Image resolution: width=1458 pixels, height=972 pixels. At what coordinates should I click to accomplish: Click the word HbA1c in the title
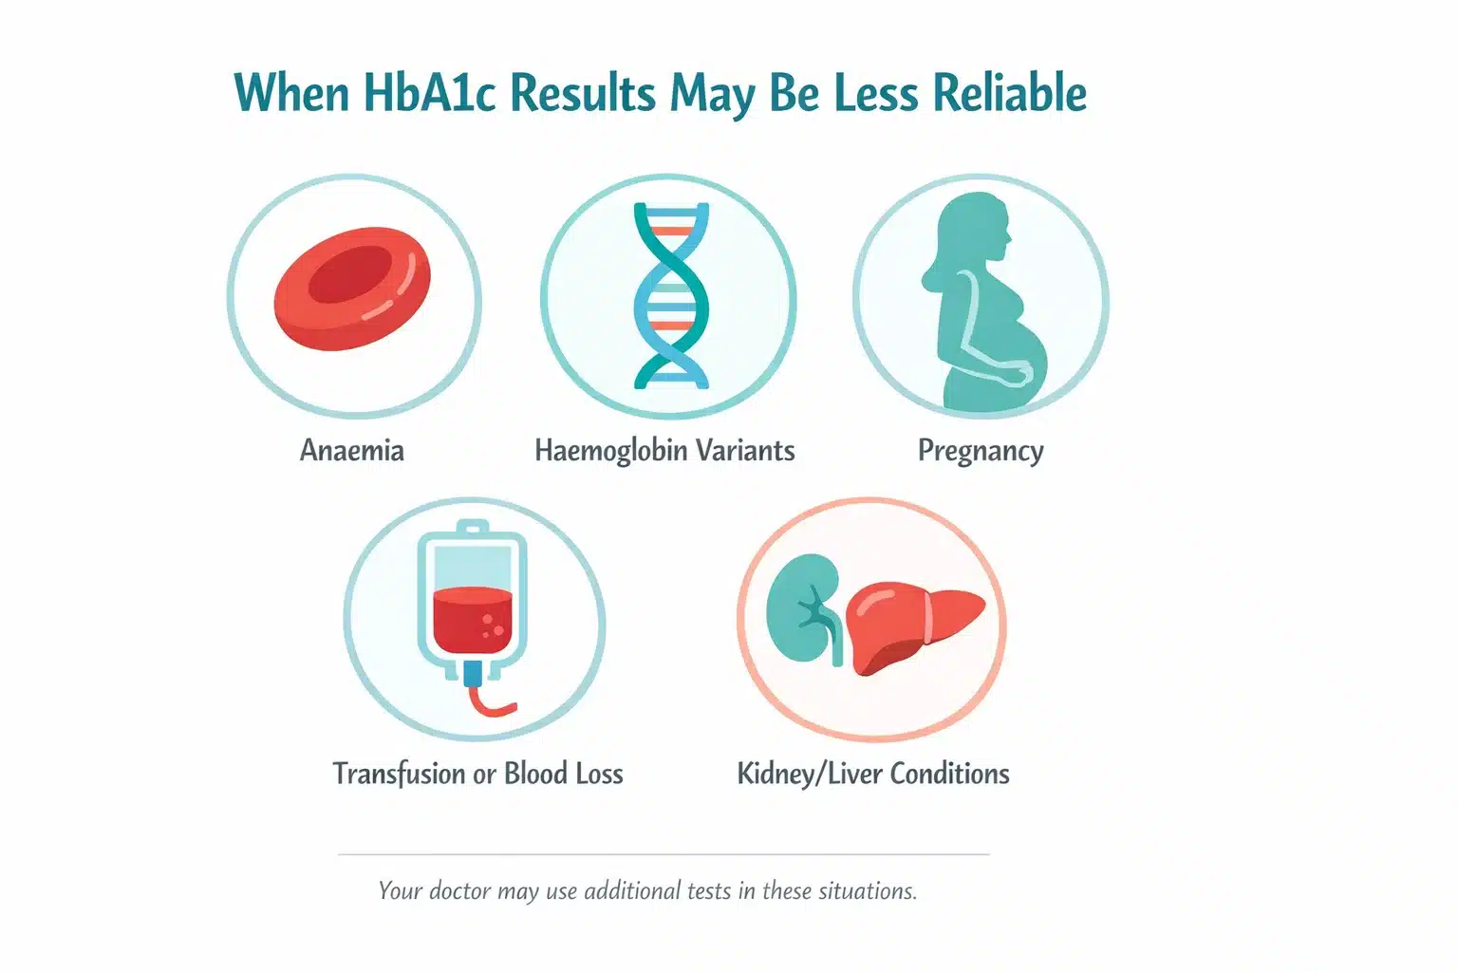430,92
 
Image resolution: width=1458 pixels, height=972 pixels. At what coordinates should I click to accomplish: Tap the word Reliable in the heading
1010,92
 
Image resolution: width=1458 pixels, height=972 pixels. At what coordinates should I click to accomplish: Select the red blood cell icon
352,289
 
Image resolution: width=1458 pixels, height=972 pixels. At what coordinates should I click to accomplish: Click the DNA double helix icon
671,295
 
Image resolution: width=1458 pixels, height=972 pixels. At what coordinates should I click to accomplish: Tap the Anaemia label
351,450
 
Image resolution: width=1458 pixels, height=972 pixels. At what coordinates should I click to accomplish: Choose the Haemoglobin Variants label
664,450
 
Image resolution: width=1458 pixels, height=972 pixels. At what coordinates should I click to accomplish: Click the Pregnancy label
981,451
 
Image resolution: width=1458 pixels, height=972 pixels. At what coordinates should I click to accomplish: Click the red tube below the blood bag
490,701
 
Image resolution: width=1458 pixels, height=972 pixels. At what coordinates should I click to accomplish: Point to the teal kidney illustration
806,608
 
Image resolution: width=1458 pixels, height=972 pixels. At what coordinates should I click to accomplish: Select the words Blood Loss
564,774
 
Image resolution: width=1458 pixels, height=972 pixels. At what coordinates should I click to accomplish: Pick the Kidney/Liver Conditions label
873,774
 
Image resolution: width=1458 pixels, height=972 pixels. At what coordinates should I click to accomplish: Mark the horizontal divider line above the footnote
664,853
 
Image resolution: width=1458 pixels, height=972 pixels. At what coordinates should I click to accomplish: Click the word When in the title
291,92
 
